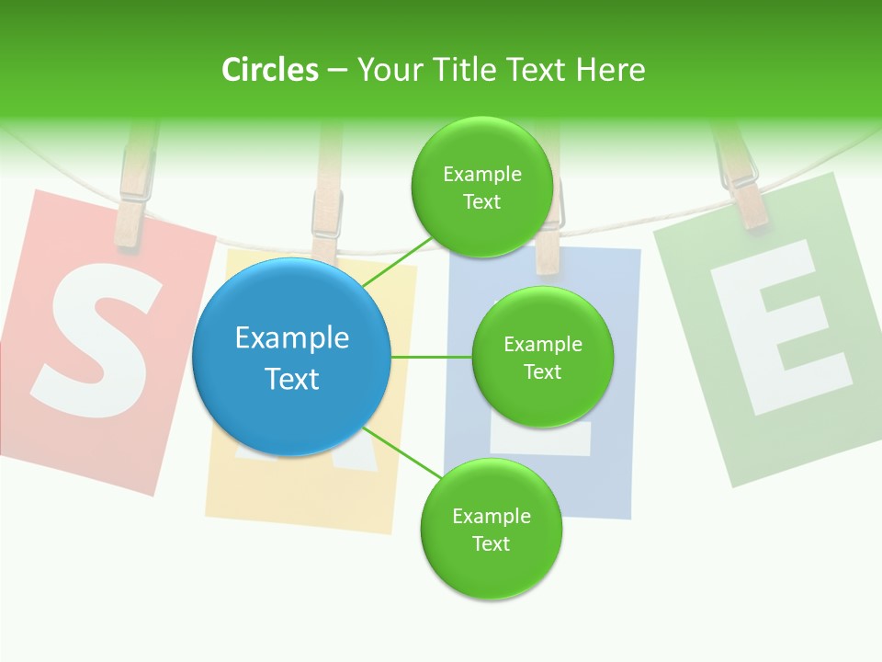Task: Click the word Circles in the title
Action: pyautogui.click(x=269, y=70)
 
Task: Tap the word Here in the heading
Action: pyautogui.click(x=610, y=70)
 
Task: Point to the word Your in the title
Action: pyautogui.click(x=389, y=70)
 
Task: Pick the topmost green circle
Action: pyautogui.click(x=481, y=188)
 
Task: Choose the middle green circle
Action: pyautogui.click(x=542, y=357)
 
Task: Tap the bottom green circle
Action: pyautogui.click(x=491, y=530)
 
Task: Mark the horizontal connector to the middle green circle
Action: pyautogui.click(x=432, y=357)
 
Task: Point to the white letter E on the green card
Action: pyautogui.click(x=783, y=326)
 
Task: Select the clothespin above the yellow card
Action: pyautogui.click(x=326, y=207)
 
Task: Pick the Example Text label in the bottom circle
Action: pyautogui.click(x=491, y=530)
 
